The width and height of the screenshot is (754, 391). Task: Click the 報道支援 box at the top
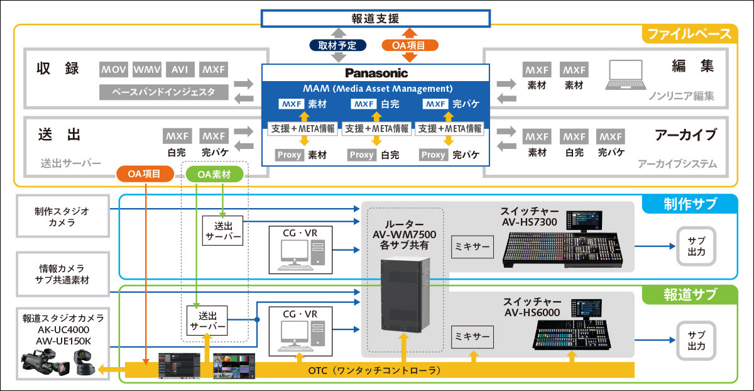tap(376, 19)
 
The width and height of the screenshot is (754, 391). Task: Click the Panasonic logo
tap(376, 73)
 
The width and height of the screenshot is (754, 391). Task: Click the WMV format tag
tap(148, 69)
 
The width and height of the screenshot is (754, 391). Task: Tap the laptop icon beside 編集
tap(625, 76)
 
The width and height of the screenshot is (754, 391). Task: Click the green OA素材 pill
tap(214, 173)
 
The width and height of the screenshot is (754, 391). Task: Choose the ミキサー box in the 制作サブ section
tap(472, 246)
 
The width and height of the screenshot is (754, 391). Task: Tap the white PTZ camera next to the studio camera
tap(82, 363)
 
